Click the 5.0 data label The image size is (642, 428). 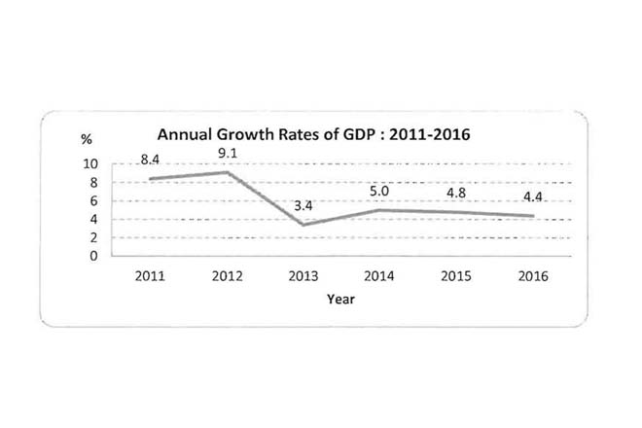tap(377, 190)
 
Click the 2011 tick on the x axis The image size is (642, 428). tap(150, 276)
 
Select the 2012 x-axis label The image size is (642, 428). tap(226, 276)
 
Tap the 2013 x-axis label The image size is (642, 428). tap(302, 276)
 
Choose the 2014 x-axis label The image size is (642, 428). tap(378, 276)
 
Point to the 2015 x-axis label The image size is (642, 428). tap(454, 276)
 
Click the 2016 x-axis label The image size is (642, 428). tap(531, 276)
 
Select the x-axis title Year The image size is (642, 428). tap(340, 299)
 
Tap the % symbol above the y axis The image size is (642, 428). tap(86, 141)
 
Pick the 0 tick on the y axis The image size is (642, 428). tap(94, 257)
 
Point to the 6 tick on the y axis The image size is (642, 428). tap(94, 200)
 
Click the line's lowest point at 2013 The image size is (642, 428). tap(302, 226)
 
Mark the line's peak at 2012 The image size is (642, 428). tap(226, 172)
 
